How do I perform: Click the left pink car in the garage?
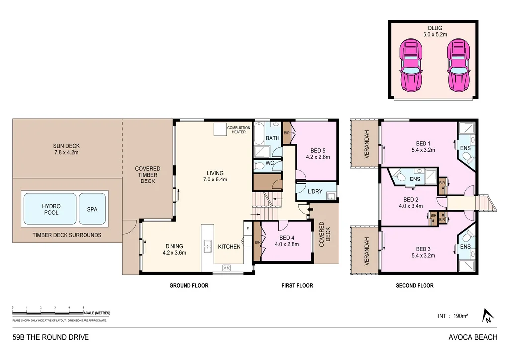(411, 67)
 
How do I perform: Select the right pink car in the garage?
(457, 67)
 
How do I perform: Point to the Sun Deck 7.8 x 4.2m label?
(66, 149)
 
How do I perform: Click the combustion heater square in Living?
(220, 129)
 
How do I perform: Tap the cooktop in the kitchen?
(226, 268)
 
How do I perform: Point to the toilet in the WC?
(259, 165)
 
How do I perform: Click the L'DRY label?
(316, 191)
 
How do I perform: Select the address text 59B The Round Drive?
(51, 337)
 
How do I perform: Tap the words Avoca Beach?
(472, 337)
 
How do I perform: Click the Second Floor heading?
(415, 286)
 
